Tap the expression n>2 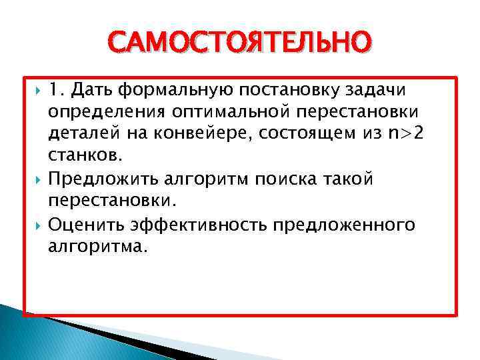pyautogui.click(x=407, y=134)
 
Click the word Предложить pyautogui.click(x=97, y=179)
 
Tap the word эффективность pyautogui.click(x=199, y=224)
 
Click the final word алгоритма pyautogui.click(x=95, y=246)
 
